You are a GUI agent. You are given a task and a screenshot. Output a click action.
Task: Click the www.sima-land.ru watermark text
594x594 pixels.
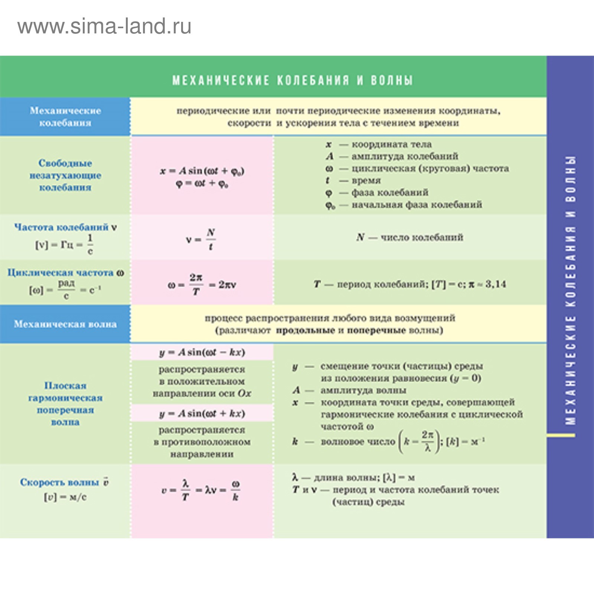coord(104,27)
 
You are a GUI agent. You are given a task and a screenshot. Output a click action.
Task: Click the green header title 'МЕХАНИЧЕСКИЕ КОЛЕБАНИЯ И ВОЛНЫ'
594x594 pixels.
coord(292,80)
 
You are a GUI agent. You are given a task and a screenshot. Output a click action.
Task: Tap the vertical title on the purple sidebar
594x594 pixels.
coord(570,290)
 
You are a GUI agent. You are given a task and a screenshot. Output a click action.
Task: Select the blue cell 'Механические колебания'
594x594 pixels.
coord(65,117)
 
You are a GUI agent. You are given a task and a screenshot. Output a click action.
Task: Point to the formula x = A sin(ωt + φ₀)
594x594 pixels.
coord(202,171)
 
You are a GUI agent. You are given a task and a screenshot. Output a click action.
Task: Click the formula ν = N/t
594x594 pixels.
coord(201,239)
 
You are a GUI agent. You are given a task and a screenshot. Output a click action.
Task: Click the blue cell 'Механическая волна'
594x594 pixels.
coord(65,324)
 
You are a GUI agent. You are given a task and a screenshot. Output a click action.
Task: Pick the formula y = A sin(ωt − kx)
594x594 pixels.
coord(202,352)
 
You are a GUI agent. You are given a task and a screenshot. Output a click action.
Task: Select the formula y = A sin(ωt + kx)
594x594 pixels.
coord(202,414)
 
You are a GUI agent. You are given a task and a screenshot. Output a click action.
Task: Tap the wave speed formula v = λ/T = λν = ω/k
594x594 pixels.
coord(201,490)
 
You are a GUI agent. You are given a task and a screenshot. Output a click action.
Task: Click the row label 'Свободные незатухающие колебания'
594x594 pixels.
coord(65,175)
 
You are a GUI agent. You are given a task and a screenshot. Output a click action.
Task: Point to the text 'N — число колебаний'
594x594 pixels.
coord(410,237)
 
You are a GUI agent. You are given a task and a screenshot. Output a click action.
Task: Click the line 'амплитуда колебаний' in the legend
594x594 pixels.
coord(405,156)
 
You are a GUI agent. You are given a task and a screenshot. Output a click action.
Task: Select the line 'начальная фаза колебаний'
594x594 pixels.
coord(417,205)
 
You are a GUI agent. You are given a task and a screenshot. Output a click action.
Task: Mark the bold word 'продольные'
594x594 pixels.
coord(305,330)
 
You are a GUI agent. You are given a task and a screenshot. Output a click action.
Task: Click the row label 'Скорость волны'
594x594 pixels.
coord(59,482)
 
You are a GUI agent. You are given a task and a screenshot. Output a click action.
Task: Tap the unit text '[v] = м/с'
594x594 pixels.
coord(65,497)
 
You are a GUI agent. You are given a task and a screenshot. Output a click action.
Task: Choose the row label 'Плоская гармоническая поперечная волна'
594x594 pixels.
coord(65,404)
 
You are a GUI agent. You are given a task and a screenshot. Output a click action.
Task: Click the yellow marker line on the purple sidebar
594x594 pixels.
coord(561,435)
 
